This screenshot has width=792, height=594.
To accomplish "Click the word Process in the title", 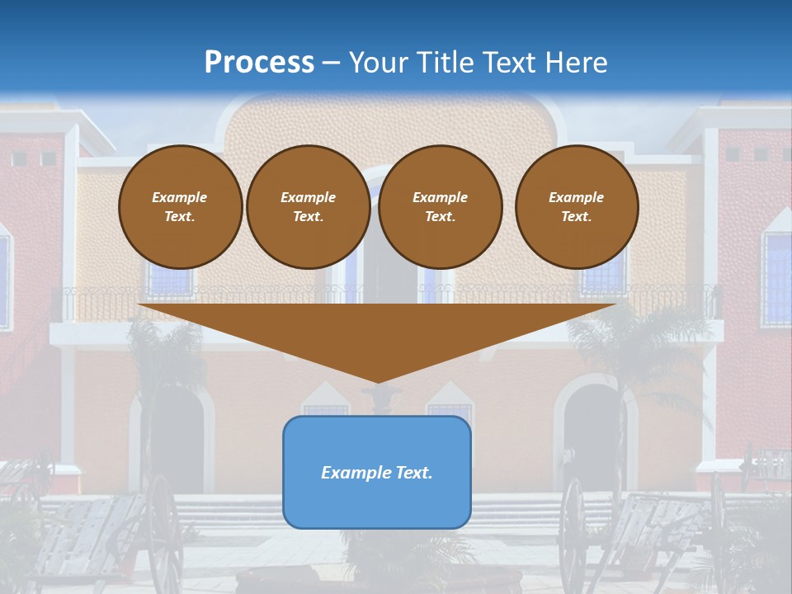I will pos(259,63).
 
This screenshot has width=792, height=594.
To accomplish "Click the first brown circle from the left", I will pos(180,207).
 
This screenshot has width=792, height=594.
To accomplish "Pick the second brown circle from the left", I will pos(308,207).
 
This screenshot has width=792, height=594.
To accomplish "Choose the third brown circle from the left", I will pos(440,207).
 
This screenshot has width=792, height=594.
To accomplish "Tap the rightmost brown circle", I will pos(576,207).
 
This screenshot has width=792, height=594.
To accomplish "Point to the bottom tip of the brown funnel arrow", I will pos(377,381).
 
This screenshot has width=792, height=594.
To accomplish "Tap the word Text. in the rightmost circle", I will pos(576,217).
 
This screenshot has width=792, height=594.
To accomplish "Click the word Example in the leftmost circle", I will pos(180,198).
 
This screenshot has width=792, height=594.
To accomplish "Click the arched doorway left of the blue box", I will pos(175,437).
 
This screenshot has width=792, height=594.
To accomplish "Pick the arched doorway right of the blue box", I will pos(593,433).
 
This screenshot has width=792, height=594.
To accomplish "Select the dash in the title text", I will pos(332,64).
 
